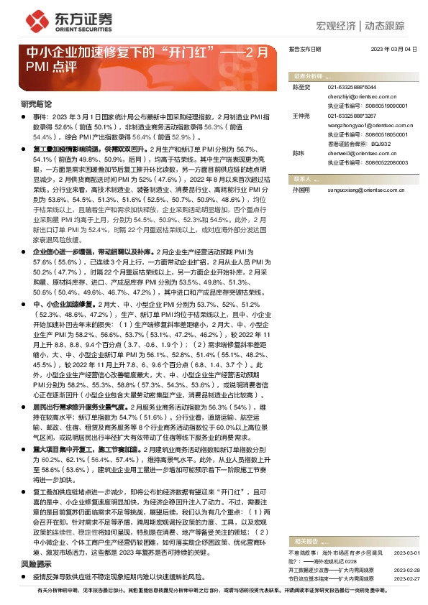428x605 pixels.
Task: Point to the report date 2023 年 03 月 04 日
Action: tap(393, 48)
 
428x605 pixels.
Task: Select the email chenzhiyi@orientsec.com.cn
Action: tap(361, 94)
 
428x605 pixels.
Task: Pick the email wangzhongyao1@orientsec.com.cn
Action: tap(367, 124)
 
